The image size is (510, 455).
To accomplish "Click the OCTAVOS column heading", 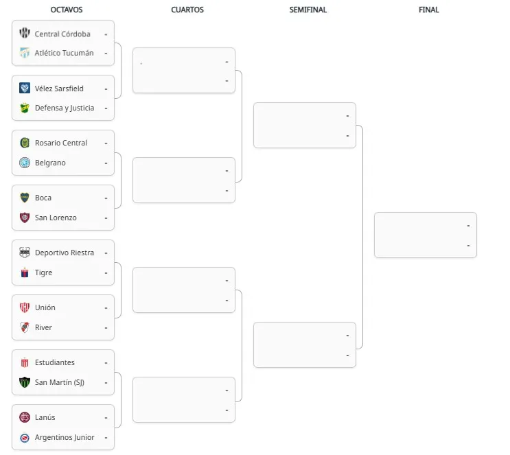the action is click(67, 10).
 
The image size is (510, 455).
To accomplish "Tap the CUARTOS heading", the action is click(187, 10).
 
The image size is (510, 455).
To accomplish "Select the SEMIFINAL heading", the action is click(308, 10).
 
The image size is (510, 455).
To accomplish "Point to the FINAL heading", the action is click(429, 10).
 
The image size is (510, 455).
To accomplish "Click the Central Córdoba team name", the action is click(62, 34).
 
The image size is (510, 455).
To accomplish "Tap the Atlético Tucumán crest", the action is click(25, 53).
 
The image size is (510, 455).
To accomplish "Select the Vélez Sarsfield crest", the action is click(25, 88).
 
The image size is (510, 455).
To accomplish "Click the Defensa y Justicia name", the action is click(65, 108).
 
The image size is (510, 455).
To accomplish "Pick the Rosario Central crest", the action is click(25, 143).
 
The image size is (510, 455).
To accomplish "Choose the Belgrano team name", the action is click(50, 163).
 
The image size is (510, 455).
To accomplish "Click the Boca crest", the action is click(25, 198).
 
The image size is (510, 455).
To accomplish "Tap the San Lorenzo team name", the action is click(56, 218).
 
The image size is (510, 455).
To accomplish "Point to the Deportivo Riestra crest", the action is click(25, 253).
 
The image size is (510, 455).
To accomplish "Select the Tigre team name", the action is click(43, 272).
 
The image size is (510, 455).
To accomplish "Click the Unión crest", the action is click(25, 307).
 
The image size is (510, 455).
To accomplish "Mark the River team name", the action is click(43, 327).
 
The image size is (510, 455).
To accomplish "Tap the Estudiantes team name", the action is click(55, 362).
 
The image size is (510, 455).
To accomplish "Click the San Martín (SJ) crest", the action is click(25, 382).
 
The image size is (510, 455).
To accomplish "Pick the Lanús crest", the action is click(25, 417).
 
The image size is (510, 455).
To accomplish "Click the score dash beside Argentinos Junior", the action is click(106, 438).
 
